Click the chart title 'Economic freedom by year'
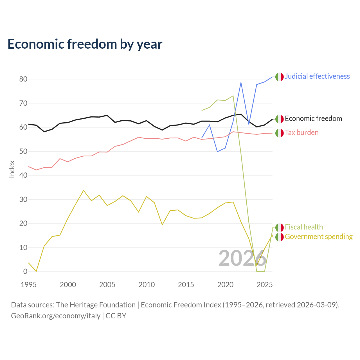point(85,44)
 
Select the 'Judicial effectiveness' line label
point(317,76)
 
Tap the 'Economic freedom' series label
point(313,118)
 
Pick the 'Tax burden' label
point(301,132)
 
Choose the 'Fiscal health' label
point(304,227)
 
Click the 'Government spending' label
point(319,237)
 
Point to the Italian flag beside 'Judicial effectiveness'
point(280,77)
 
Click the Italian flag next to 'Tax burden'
point(280,133)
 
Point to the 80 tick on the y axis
point(23,79)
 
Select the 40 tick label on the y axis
point(23,175)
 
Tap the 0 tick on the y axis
point(25,271)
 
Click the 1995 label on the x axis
point(29,285)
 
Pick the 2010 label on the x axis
point(147,285)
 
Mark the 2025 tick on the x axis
point(265,285)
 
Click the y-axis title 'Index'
point(12,169)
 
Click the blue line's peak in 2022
point(241,83)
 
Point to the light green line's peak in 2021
point(233,96)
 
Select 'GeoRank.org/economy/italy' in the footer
point(56,316)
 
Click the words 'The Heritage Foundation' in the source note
point(96,305)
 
